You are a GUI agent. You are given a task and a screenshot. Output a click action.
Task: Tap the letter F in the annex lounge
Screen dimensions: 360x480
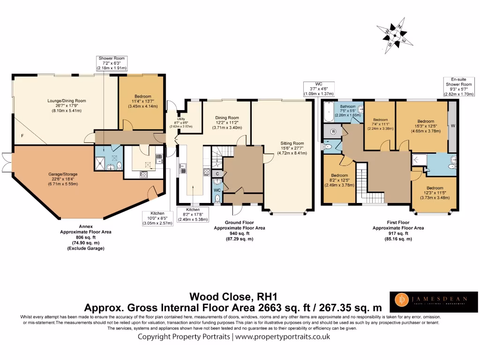(22, 135)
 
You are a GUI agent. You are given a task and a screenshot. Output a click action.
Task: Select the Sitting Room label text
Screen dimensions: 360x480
(292, 148)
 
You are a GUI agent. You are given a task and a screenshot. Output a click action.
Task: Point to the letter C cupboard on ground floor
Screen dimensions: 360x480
(217, 174)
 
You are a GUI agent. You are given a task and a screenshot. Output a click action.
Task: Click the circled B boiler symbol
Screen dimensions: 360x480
(333, 132)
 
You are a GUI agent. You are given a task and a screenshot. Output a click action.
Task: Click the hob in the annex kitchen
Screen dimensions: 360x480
(144, 175)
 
